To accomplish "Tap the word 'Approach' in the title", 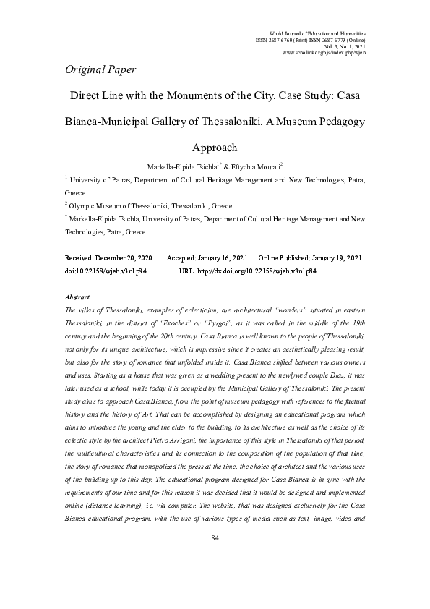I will click(215, 148).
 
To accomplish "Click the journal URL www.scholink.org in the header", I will click(325, 53).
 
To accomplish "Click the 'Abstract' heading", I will click(77, 297).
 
